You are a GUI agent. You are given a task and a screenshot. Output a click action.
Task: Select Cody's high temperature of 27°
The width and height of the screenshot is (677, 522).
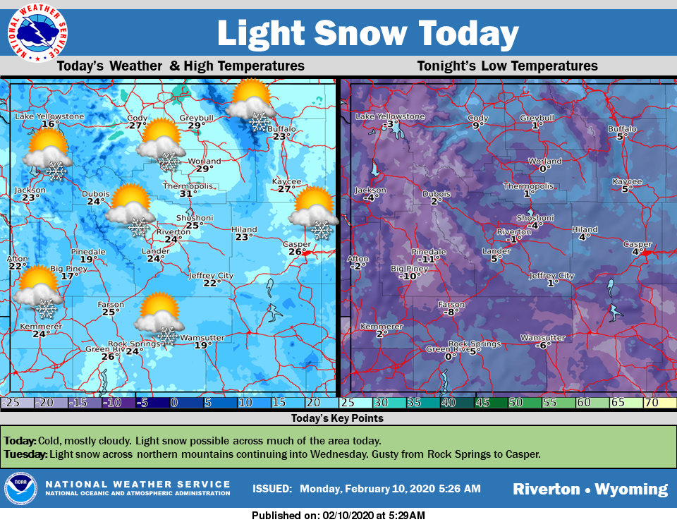click(138, 126)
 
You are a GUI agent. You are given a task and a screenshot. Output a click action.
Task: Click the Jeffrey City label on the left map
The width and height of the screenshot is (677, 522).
click(211, 275)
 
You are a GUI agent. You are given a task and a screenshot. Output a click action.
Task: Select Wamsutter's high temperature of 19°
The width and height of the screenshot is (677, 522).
click(202, 346)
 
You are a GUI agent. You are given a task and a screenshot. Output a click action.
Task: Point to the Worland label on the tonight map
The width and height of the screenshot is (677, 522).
click(545, 162)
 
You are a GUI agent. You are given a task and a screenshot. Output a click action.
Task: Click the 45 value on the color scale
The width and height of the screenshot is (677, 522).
click(483, 402)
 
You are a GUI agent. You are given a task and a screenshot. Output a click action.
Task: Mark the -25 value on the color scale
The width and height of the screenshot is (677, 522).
click(10, 402)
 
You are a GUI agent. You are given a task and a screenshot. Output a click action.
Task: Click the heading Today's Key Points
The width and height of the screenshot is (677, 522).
click(337, 418)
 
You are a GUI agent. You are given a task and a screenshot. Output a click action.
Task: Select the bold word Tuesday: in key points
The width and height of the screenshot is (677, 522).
click(25, 454)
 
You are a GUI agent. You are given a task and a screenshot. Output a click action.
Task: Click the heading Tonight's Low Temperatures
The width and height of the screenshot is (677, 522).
click(507, 66)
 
